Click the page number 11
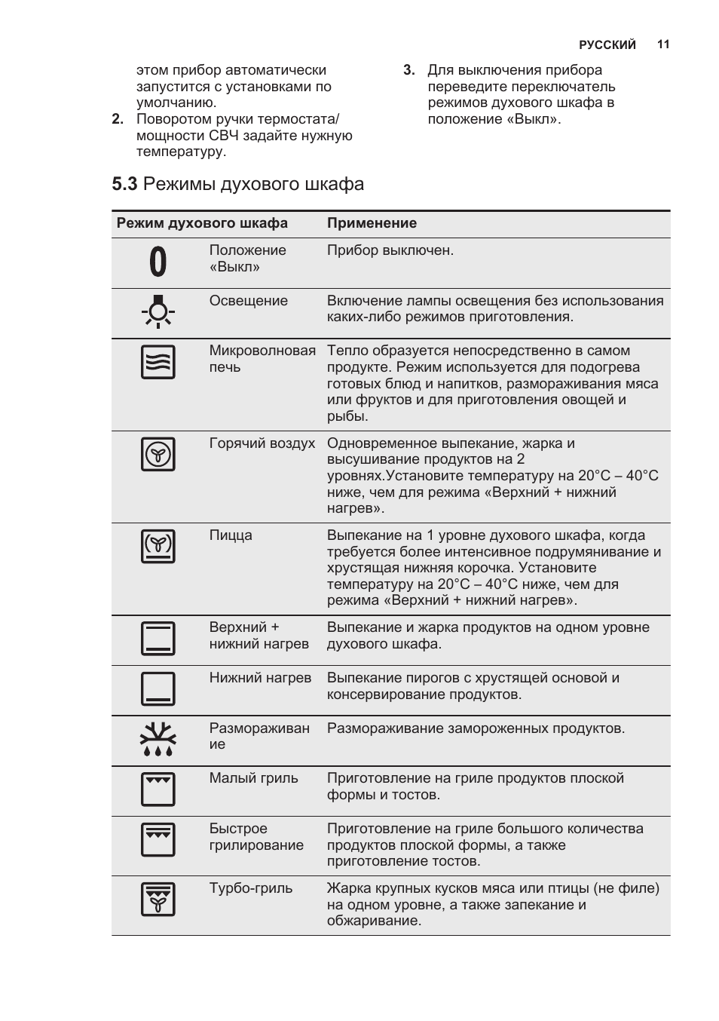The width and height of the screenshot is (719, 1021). pos(663,44)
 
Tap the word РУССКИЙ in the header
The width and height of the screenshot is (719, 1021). pos(607,45)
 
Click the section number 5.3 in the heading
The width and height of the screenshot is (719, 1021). pos(124,184)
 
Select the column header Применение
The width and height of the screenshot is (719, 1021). pos(372,223)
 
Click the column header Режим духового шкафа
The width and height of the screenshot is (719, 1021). pos(202,223)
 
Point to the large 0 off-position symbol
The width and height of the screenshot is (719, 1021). pos(158,262)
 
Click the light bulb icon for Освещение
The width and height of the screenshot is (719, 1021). pos(158,312)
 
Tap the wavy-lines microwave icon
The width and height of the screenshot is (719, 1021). pos(158,362)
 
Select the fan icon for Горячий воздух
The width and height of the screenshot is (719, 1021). pos(158,454)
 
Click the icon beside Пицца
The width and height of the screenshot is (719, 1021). pos(158,546)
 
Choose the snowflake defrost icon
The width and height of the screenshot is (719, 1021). pos(158,739)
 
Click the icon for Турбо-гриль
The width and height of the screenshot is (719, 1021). pos(158,899)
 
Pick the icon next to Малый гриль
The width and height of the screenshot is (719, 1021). pos(158,789)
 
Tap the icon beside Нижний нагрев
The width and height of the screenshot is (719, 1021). pos(158,688)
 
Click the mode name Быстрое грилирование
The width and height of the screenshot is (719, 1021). pos(256,837)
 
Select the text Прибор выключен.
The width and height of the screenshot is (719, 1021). pos(390,250)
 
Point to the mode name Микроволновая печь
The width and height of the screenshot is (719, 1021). pos(262,359)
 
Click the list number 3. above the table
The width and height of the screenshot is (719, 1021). pos(409,70)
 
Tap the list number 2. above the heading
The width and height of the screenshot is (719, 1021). pos(118,119)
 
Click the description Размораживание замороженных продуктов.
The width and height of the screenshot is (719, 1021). pos(476,728)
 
